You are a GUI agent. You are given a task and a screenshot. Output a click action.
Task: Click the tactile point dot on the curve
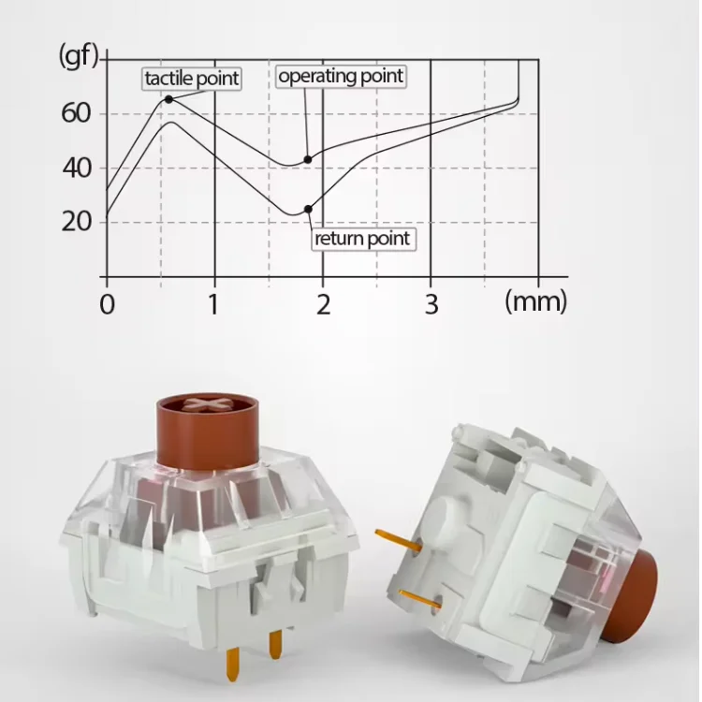click(x=168, y=99)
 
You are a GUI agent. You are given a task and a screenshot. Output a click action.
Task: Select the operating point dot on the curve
click(x=308, y=159)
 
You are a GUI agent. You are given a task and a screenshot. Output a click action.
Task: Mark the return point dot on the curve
click(x=309, y=209)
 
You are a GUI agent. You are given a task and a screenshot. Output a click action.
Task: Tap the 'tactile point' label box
click(x=192, y=80)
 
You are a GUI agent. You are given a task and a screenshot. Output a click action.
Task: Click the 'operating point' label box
click(x=341, y=76)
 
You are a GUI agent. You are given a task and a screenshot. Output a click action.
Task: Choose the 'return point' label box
click(x=363, y=239)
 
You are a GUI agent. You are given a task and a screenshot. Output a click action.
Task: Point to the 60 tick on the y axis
click(x=76, y=113)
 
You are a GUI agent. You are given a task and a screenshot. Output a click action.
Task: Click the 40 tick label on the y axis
click(x=77, y=168)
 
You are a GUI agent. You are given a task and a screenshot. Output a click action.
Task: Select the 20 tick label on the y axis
click(x=77, y=221)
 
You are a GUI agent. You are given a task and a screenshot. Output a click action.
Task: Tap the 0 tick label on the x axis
click(x=107, y=304)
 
